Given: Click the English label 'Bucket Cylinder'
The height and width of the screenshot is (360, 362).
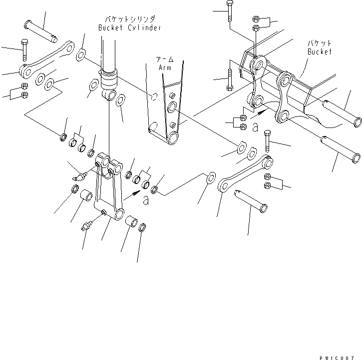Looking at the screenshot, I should pos(129,28).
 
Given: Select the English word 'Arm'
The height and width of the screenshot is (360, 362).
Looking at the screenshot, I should pos(164,67).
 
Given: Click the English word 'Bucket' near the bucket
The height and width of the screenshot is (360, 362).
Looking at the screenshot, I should pos(320,51).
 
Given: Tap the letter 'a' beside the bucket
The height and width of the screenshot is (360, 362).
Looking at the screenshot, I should pos(255,128).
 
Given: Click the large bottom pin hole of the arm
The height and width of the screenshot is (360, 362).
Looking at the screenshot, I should pos(172,137).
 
